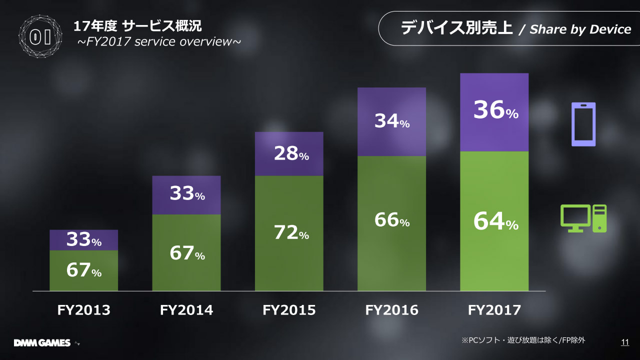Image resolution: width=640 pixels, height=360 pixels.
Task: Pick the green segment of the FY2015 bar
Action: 289,260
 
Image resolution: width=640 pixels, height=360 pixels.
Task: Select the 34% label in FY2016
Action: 391,121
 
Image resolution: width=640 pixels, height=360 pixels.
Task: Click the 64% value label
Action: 495,222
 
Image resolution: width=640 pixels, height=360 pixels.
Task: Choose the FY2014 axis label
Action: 186,310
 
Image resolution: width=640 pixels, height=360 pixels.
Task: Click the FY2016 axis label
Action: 391,310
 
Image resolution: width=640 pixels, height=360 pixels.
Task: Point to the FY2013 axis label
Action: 83,310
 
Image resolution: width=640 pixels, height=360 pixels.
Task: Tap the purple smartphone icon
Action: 583,124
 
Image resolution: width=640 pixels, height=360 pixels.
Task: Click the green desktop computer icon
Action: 583,218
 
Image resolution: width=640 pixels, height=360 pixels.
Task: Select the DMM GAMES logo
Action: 42,343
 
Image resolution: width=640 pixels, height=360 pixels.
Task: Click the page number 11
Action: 624,342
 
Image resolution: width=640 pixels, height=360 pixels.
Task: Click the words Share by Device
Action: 580,29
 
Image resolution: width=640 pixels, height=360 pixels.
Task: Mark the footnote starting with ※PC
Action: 523,340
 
